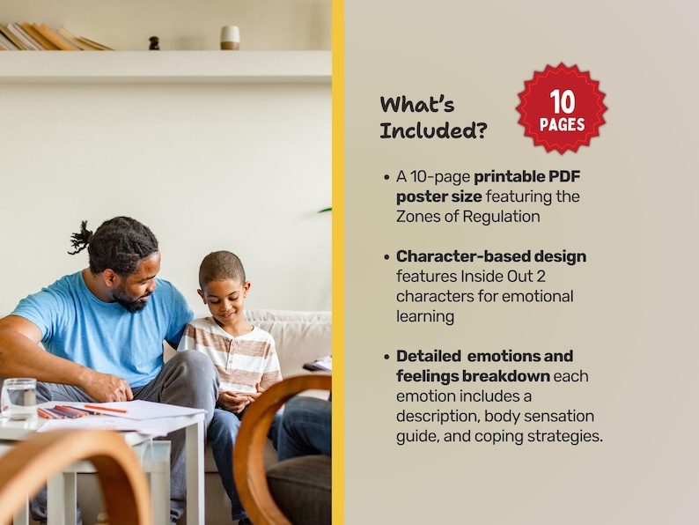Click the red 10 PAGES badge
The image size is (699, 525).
562,108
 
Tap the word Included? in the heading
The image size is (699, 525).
434,131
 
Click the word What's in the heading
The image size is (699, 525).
417,104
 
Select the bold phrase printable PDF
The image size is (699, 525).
527,176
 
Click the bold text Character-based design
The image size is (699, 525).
490,256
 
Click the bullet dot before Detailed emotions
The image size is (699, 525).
386,356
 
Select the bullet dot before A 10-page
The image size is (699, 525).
386,176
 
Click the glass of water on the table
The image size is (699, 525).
18,397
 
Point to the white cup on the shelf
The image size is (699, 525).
230,37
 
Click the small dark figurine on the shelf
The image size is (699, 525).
154,43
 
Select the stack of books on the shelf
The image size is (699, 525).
53,37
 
